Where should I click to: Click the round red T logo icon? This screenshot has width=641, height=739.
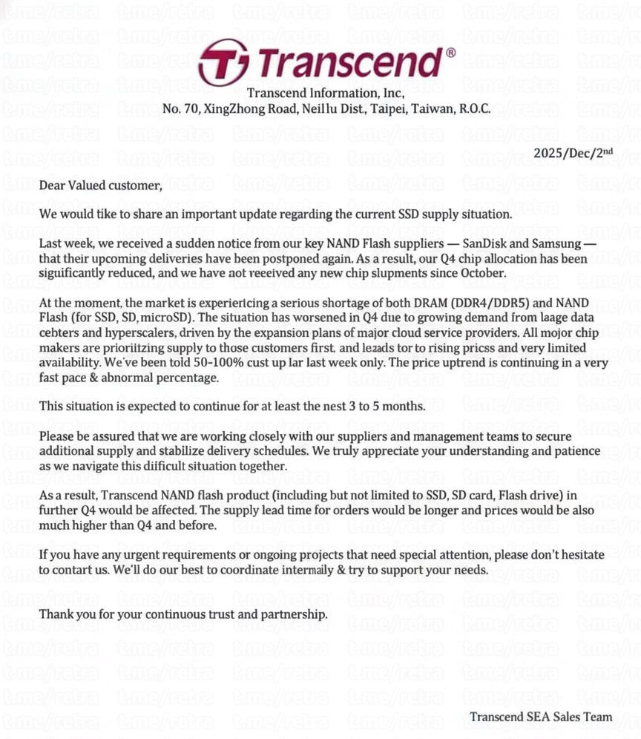click(224, 62)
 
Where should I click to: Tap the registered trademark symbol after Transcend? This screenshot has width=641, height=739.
click(450, 53)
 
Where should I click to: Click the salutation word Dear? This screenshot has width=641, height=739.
click(53, 185)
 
